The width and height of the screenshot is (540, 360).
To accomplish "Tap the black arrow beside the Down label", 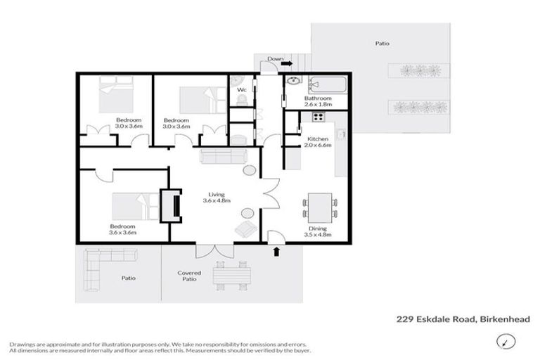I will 287,63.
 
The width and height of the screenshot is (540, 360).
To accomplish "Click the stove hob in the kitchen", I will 318,117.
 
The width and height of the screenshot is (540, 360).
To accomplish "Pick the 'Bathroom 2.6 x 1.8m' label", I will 319,101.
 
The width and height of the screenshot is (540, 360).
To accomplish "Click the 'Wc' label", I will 240,90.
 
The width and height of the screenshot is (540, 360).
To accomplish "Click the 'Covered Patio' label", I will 189,276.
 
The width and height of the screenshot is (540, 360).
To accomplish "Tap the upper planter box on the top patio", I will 420,71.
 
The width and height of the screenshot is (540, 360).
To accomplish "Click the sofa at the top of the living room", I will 222,156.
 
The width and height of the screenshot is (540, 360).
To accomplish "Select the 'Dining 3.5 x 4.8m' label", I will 320,232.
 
